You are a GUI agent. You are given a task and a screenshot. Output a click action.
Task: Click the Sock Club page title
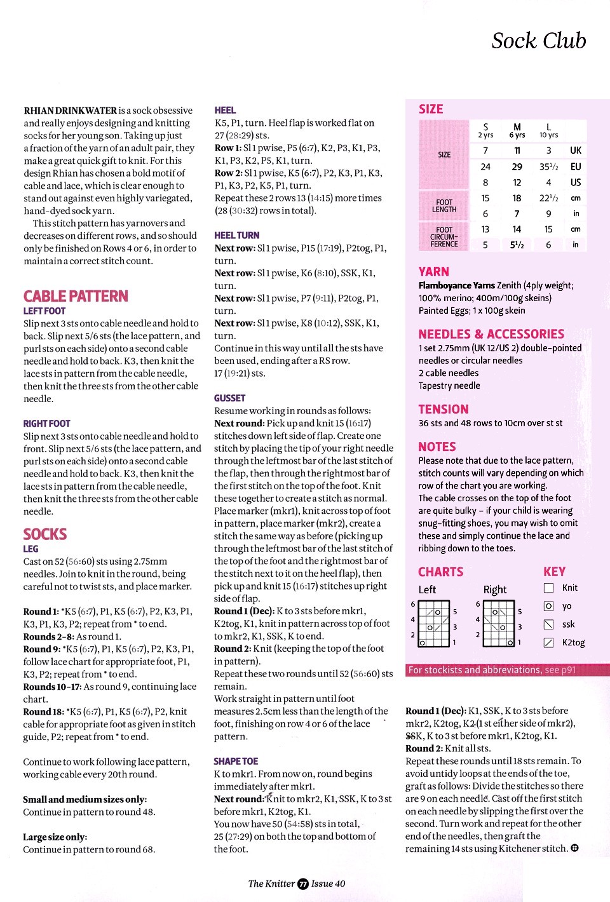(x=538, y=41)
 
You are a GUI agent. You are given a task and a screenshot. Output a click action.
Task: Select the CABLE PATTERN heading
(x=76, y=296)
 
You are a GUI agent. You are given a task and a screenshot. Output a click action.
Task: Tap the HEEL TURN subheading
(x=236, y=235)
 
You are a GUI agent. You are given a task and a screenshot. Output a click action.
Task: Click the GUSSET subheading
(x=229, y=398)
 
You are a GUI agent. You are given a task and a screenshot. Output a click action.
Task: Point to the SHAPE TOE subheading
(x=236, y=761)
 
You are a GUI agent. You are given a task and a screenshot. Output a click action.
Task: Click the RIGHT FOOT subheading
(x=46, y=423)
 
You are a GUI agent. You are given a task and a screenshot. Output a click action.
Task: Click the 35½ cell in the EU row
(x=548, y=166)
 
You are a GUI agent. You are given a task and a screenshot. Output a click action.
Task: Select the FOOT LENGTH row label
(x=444, y=206)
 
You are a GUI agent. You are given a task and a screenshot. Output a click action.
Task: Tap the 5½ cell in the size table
(x=517, y=245)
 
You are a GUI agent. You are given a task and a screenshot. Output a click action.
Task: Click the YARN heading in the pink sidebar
(x=433, y=271)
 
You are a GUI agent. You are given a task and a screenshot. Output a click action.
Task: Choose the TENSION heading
(x=443, y=409)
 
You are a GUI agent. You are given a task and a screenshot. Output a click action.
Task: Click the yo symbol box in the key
(x=549, y=606)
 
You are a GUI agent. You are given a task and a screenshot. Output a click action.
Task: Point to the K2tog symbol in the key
(x=549, y=642)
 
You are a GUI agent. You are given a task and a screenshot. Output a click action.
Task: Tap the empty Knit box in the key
(x=549, y=588)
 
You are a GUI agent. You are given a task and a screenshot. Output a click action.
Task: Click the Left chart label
(x=427, y=589)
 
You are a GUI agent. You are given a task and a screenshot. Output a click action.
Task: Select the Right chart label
(x=494, y=589)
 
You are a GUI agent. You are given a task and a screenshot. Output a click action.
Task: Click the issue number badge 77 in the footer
(x=303, y=884)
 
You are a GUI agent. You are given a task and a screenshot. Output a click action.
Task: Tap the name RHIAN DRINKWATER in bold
(x=70, y=111)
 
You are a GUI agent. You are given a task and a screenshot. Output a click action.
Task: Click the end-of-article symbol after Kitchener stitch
(x=574, y=848)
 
